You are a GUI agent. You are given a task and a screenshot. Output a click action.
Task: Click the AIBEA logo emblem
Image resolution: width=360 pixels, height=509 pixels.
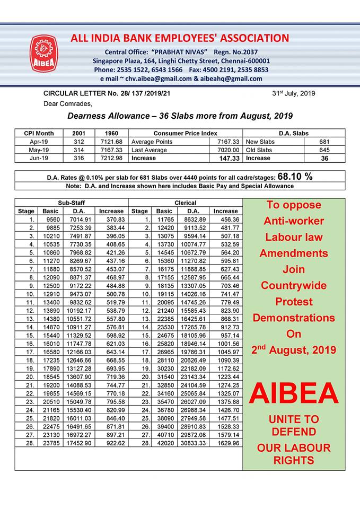coord(44,54)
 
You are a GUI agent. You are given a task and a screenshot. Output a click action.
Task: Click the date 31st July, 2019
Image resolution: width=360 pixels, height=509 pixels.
coord(294,93)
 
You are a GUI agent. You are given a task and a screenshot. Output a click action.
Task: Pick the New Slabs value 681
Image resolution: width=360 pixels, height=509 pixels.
coord(325,142)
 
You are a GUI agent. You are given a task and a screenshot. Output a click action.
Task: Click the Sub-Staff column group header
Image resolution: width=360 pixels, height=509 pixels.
coord(72,203)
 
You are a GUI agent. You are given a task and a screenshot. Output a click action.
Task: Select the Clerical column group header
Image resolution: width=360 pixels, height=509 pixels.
coord(185,203)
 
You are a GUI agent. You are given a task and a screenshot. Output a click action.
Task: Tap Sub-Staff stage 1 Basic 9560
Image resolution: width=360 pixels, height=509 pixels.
coord(54,219)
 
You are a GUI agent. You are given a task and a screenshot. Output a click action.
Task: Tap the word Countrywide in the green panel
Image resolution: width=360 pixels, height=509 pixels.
coord(294,285)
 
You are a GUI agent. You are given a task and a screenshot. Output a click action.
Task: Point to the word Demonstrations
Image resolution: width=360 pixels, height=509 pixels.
coord(294,318)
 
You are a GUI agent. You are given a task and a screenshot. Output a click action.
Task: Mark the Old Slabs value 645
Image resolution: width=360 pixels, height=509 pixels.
coord(325,150)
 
